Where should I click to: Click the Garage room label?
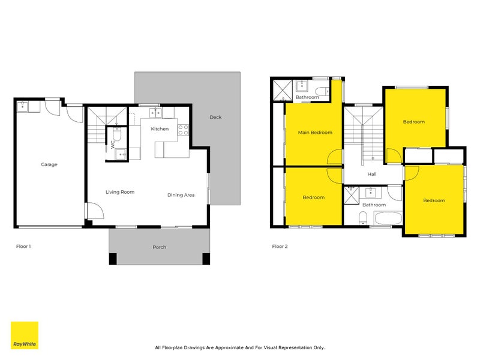click(x=49, y=164)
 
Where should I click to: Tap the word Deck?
click(x=215, y=118)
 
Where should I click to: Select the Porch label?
click(x=160, y=247)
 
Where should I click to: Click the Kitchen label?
click(x=160, y=129)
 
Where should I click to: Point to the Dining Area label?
click(x=181, y=195)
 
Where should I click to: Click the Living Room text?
click(x=120, y=192)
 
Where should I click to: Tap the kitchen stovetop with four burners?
click(x=183, y=129)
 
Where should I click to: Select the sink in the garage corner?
click(x=22, y=107)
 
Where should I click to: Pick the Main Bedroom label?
click(x=315, y=133)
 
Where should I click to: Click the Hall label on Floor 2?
click(x=372, y=175)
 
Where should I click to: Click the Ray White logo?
click(x=25, y=335)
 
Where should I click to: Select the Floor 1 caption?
click(x=23, y=247)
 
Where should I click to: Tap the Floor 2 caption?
click(x=280, y=247)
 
